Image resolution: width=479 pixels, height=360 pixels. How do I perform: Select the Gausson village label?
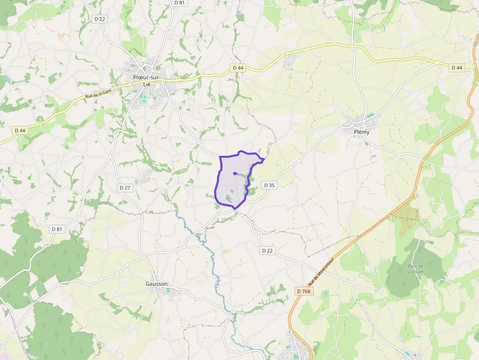coord(156,284)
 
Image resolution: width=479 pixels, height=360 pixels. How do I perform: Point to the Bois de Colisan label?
coord(415,269)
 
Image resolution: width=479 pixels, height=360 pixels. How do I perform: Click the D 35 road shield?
coord(269,185)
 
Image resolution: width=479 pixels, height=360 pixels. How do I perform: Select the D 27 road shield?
coord(125,188)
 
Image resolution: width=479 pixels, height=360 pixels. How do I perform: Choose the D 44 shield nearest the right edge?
coord(457,67)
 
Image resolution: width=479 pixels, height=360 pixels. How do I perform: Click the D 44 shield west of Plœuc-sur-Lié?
coord(20,130)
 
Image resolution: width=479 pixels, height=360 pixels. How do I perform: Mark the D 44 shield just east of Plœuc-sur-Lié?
coord(238,67)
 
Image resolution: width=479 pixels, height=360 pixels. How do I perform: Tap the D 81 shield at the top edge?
coord(179,2)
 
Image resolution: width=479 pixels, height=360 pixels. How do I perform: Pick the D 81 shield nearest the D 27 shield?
coord(57,229)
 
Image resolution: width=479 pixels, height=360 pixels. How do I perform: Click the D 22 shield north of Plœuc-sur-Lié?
coord(100,19)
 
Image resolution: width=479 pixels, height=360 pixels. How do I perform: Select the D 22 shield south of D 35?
coord(267,251)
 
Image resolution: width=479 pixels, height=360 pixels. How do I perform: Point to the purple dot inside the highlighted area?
coord(235,173)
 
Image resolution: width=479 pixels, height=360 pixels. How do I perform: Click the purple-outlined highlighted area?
coord(230,188)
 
